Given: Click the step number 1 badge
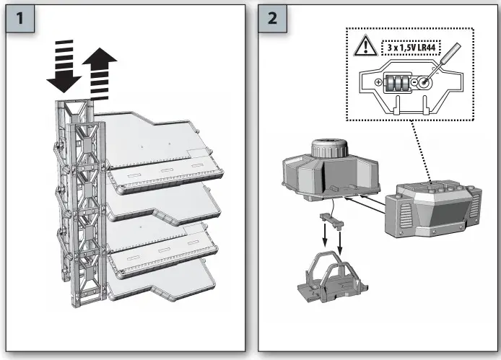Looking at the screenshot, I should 22,19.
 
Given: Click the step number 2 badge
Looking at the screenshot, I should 272,19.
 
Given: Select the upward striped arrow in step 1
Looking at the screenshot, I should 99,75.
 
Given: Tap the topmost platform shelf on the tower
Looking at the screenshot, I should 159,141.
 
